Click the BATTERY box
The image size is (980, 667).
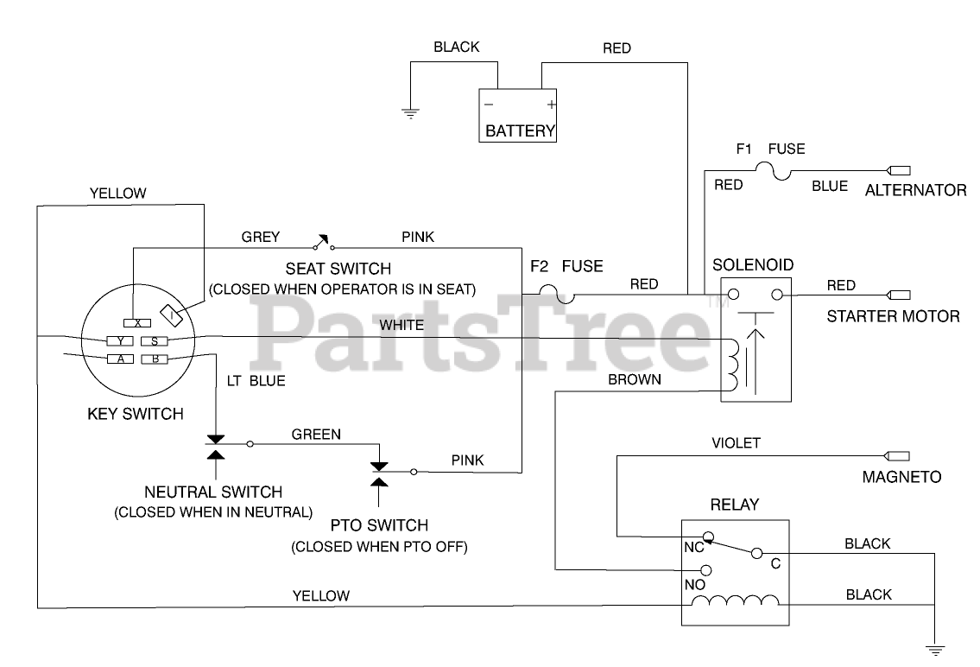[519, 116]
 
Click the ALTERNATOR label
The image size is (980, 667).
[916, 190]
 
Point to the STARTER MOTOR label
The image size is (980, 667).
[893, 316]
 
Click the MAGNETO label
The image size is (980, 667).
[901, 476]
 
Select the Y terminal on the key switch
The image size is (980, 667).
[120, 340]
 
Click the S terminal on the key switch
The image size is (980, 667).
[154, 340]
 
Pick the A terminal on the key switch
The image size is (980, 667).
[120, 359]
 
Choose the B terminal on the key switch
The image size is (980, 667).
[154, 359]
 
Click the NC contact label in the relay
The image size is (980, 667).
[693, 547]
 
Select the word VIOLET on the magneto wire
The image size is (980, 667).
[736, 443]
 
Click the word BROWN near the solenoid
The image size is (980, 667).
[635, 379]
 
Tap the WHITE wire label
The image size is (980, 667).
[401, 325]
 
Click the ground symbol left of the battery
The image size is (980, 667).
[409, 111]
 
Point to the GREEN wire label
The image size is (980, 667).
[316, 434]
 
